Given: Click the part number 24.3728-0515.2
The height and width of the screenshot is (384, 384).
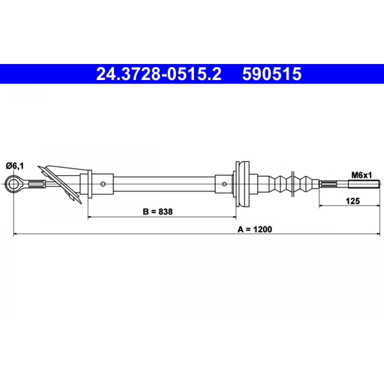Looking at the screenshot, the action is click(x=159, y=74).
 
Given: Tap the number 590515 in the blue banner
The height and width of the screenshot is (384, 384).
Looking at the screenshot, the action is click(x=272, y=74).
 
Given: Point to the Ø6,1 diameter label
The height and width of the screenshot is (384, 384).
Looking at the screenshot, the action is click(x=15, y=166).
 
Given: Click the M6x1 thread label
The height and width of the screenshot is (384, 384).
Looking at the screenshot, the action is click(x=362, y=175).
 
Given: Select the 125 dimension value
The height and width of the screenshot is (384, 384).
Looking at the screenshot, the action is click(x=353, y=201).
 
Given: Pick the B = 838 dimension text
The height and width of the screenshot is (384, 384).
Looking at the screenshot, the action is click(x=158, y=212).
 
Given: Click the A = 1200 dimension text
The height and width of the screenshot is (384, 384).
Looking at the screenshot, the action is click(x=255, y=229).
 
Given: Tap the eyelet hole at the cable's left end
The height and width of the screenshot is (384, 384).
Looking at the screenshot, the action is click(x=14, y=184).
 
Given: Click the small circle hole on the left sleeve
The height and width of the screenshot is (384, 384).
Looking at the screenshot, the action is click(x=103, y=184).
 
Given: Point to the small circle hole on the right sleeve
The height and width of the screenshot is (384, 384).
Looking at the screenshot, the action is click(x=224, y=184).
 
